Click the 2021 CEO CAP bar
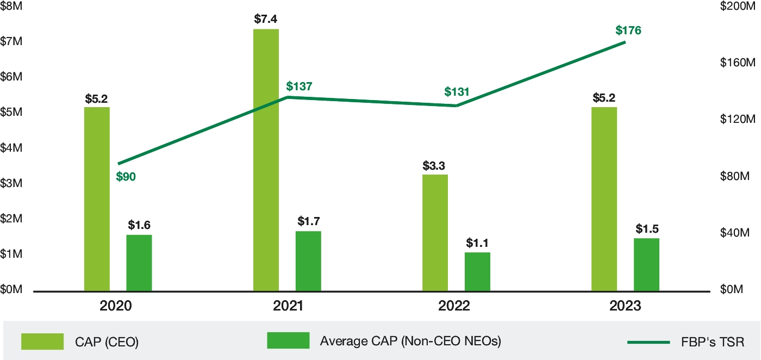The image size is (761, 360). click(266, 160)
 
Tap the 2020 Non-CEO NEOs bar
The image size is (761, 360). click(139, 263)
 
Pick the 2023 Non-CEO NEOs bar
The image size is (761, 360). click(646, 265)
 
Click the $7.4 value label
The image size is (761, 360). click(266, 19)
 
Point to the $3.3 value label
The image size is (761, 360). click(435, 165)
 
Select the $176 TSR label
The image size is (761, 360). click(628, 30)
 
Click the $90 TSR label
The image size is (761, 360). click(126, 176)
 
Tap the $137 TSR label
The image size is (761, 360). click(300, 86)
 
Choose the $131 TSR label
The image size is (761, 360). click(457, 91)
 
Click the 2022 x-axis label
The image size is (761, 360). click(454, 306)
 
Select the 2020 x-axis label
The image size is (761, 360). click(116, 306)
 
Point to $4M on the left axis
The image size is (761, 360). click(11, 148)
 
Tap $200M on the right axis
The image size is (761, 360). click(734, 6)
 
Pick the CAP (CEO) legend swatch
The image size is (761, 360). click(42, 341)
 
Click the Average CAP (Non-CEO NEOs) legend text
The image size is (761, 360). click(410, 341)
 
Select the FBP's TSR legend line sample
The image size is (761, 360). click(648, 342)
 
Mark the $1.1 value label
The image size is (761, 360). click(477, 243)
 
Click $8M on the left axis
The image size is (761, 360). click(11, 6)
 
